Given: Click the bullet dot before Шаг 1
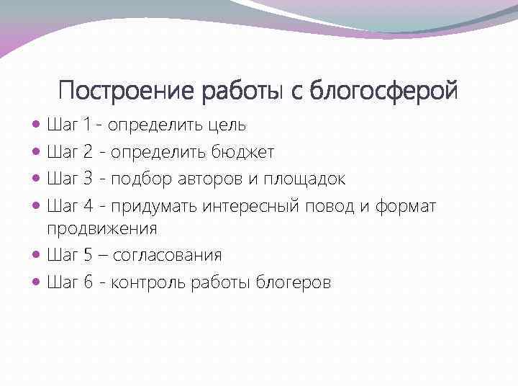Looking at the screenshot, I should pyautogui.click(x=37, y=125).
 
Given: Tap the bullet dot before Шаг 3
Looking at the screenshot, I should pyautogui.click(x=37, y=179).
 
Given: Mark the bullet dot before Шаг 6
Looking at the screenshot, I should pyautogui.click(x=37, y=282).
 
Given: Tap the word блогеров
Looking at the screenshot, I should pyautogui.click(x=293, y=282).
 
